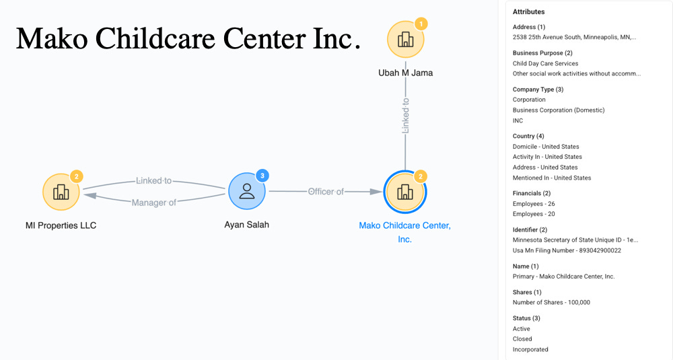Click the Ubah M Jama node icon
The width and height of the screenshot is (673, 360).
405,40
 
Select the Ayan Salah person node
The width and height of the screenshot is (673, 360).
246,191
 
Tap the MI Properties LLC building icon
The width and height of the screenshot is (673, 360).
61,192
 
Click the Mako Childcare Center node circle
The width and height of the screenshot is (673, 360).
404,192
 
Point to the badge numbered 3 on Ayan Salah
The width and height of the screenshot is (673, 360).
263,176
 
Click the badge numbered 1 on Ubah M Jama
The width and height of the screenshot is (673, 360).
421,24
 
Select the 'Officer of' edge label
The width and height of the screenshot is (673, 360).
326,192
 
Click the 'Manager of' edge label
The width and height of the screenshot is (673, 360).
154,203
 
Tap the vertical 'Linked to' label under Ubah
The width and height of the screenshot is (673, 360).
405,116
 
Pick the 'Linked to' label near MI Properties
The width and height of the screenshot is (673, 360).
154,180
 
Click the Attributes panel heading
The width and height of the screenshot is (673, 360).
529,12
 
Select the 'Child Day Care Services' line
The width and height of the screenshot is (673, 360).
546,63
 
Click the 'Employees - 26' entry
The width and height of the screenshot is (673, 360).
534,203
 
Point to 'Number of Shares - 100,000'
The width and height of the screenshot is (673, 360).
551,302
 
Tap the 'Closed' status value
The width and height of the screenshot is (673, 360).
522,339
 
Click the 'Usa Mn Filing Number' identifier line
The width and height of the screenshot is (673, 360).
567,250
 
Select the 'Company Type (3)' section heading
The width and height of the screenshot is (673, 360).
538,89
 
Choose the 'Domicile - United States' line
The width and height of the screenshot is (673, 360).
546,147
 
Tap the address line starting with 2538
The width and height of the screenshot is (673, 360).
574,37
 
